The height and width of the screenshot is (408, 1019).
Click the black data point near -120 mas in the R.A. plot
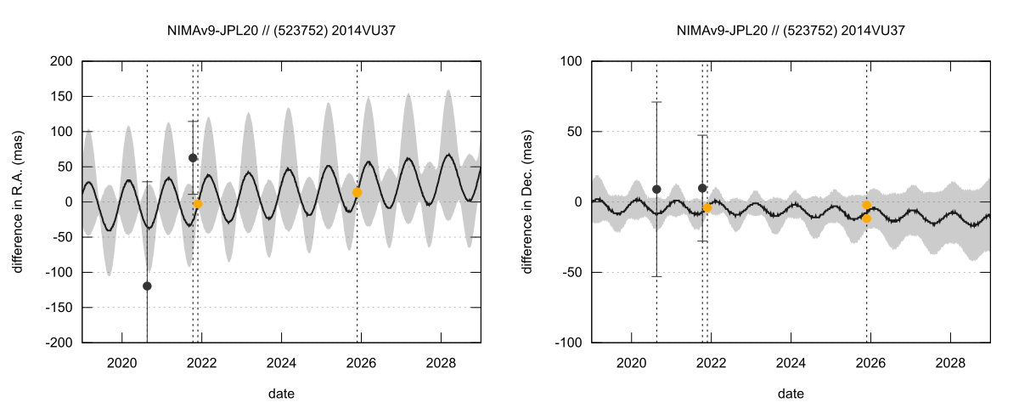click(147, 286)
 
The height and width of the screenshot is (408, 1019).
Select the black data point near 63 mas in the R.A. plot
click(193, 158)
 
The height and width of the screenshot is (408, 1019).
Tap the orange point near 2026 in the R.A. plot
click(357, 193)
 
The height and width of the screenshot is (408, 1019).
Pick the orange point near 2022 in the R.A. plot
click(198, 204)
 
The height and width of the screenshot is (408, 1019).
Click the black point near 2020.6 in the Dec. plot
click(656, 190)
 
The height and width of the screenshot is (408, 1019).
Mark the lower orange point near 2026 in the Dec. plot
click(867, 218)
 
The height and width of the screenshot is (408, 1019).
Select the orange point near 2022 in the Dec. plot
click(707, 208)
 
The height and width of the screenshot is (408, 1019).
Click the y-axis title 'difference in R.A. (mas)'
click(18, 201)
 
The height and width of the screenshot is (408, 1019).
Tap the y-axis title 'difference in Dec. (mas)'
click(527, 201)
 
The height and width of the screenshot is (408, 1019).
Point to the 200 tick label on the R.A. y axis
click(60, 61)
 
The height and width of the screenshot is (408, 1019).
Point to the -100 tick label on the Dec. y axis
click(566, 343)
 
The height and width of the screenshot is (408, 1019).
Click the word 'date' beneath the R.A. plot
click(281, 394)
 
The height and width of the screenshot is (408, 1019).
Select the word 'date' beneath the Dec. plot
click(791, 394)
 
